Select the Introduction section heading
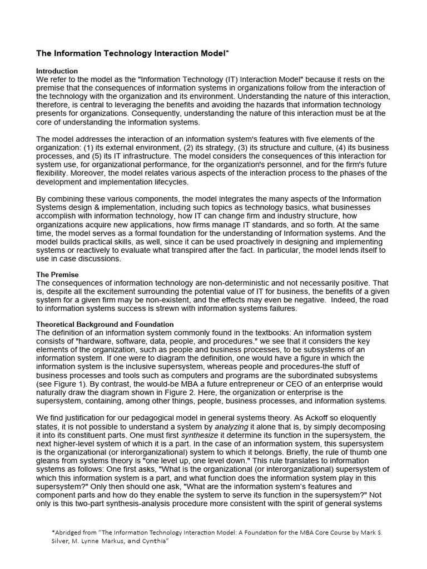pyautogui.click(x=57, y=71)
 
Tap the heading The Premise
pyautogui.click(x=57, y=274)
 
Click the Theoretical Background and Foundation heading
pyautogui.click(x=105, y=324)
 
